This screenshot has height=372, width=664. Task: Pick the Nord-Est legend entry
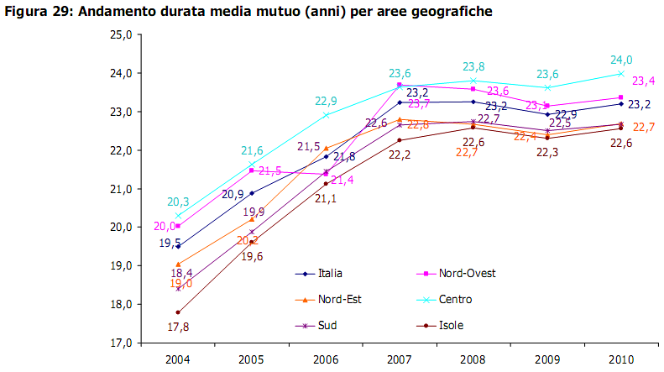pos(338,299)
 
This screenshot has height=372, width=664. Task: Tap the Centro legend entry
pos(454,299)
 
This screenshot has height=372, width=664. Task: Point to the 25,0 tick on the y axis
pos(121,34)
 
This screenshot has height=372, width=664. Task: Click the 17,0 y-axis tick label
pos(121,343)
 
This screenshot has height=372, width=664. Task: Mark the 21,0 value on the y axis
pos(121,189)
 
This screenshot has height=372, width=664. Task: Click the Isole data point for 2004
pos(178,312)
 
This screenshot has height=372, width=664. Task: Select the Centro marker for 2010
pos(620,73)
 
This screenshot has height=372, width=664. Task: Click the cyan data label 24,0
pos(620,60)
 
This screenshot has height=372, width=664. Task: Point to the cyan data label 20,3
pos(177,202)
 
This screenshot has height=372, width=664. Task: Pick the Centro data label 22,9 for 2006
pos(327,101)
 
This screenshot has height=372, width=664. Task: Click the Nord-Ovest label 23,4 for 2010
pos(643,81)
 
